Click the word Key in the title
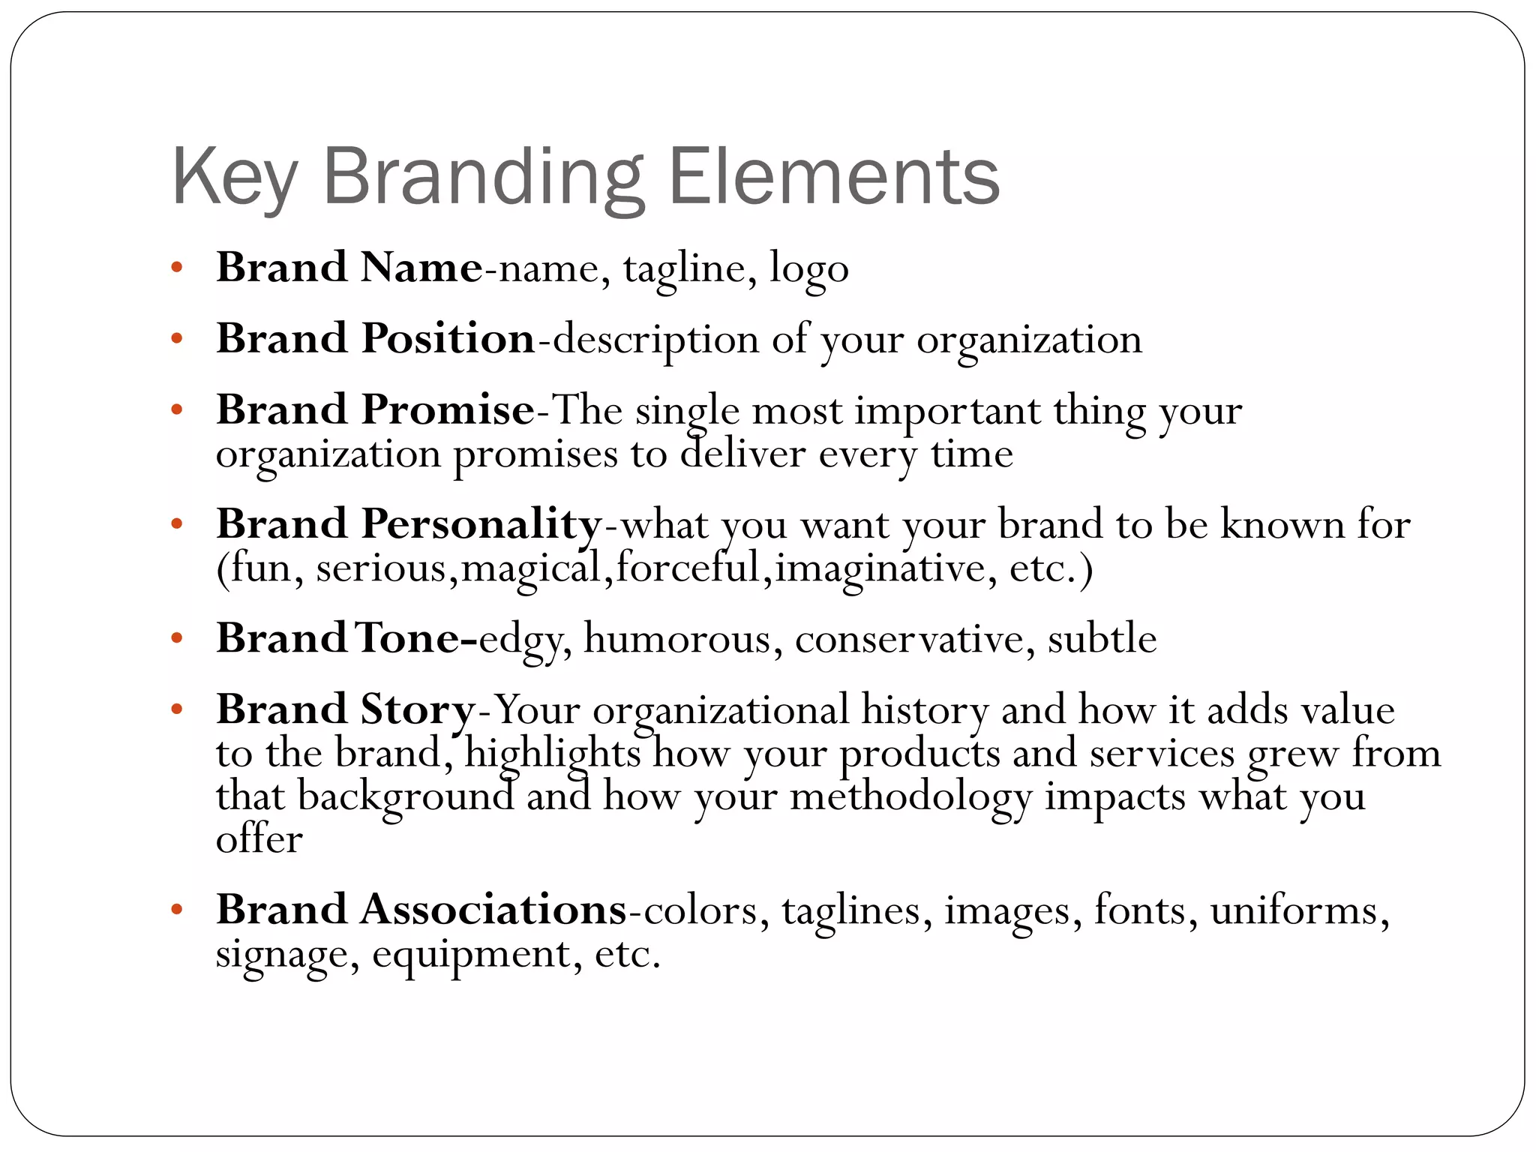235,178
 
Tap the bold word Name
421,268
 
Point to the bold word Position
448,338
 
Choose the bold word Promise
448,409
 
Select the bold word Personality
481,523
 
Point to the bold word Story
418,709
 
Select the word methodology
910,796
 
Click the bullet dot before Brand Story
177,709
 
